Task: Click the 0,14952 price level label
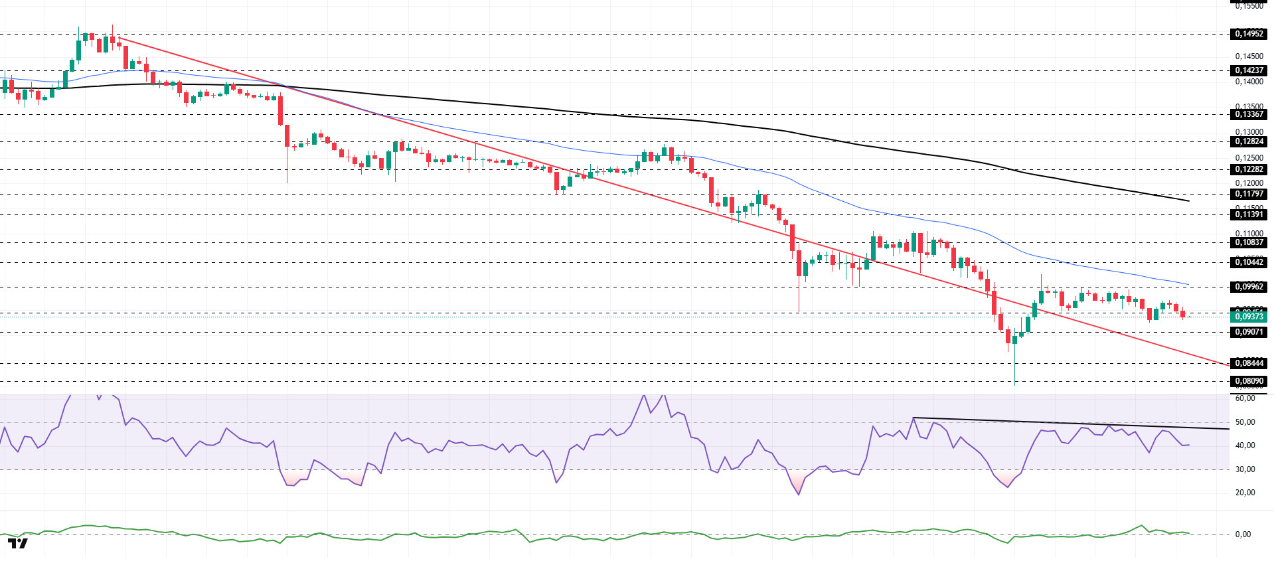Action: point(1249,34)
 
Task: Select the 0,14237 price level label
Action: point(1249,70)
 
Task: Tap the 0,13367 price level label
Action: point(1249,114)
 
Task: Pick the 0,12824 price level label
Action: point(1249,141)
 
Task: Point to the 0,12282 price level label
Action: point(1249,169)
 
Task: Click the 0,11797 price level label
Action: point(1249,194)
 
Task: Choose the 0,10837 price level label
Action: point(1249,242)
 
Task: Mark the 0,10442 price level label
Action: point(1249,262)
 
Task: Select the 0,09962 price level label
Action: point(1249,287)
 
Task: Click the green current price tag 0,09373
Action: point(1249,317)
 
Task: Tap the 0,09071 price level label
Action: point(1249,332)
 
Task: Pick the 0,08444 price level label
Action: point(1249,363)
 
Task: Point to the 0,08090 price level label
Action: point(1249,381)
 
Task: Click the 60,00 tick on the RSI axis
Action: point(1245,398)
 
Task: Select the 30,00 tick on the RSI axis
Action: point(1245,469)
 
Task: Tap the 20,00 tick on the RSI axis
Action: point(1245,493)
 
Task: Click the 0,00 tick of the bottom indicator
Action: point(1243,534)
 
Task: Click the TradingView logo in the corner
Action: point(18,544)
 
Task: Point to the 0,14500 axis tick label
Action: point(1249,56)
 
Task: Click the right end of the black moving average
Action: point(1188,201)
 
